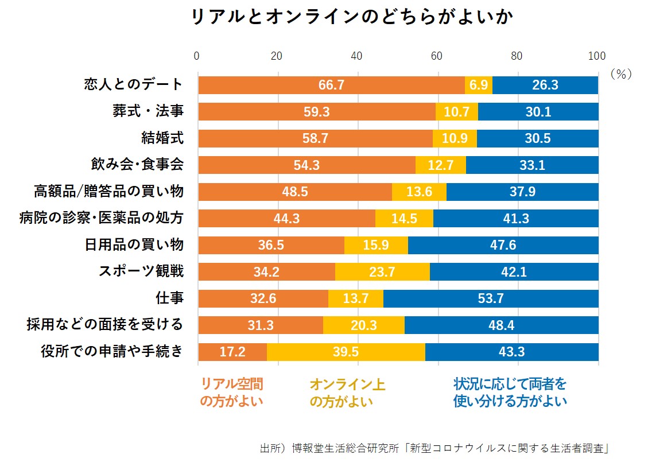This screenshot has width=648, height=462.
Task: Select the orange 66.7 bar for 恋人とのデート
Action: (x=331, y=85)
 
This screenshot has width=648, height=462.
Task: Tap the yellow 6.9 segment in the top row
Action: (x=479, y=85)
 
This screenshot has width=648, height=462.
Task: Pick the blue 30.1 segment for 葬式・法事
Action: (x=538, y=112)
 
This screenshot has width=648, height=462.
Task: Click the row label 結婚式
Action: (x=162, y=138)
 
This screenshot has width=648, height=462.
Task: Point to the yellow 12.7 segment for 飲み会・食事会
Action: (x=441, y=165)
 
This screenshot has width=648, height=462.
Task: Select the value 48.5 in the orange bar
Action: (x=295, y=192)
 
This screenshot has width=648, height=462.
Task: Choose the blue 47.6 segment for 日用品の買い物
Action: (x=503, y=245)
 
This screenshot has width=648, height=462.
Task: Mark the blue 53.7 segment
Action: (x=491, y=298)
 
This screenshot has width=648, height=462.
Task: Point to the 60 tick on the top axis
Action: (x=437, y=56)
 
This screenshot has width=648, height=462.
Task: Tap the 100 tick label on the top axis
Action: (x=597, y=56)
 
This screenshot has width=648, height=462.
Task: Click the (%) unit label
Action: (x=620, y=74)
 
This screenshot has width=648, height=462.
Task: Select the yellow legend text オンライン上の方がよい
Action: (x=347, y=393)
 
